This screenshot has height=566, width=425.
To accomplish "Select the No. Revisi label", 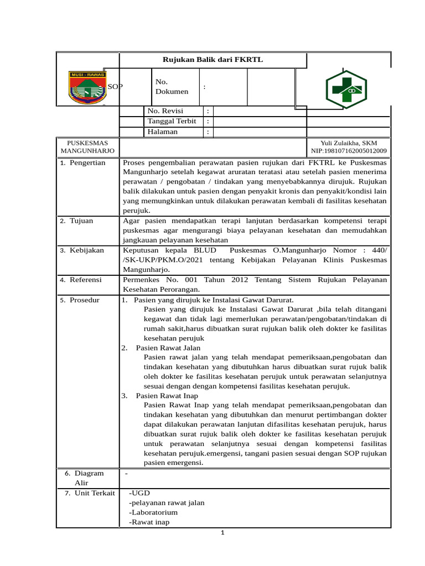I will pos(165,111).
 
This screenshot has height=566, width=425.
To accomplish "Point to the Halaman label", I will pos(163,132).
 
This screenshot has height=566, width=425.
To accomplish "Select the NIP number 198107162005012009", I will pos(349,150).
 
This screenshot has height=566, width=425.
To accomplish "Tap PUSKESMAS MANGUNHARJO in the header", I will pos(87,146).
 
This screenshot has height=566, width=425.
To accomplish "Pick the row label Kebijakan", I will pos(86,250).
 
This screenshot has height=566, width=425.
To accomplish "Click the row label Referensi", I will pos(85,280).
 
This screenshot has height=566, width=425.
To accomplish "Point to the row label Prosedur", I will pos(84,300).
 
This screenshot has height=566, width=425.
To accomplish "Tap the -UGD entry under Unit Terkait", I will pos(139,492).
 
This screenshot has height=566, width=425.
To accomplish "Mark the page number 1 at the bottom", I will pos(222,533).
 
